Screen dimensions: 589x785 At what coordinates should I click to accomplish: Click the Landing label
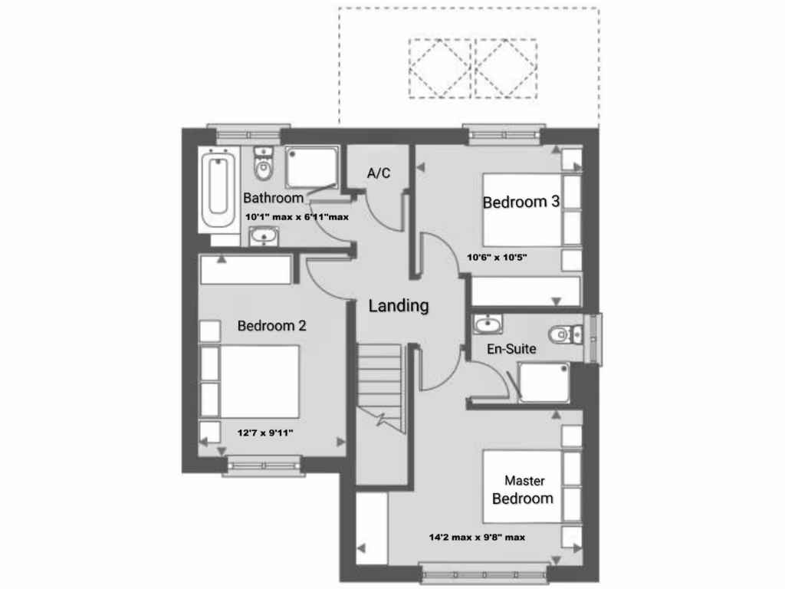[x=399, y=305]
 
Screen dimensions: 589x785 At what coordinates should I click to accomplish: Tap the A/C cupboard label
[x=379, y=173]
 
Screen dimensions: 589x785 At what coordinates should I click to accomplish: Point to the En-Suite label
[x=511, y=349]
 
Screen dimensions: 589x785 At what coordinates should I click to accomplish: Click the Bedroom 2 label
[x=271, y=325]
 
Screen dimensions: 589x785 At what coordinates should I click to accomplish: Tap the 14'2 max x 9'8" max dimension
[x=477, y=537]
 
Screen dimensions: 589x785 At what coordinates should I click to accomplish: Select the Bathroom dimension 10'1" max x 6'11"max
[x=297, y=217]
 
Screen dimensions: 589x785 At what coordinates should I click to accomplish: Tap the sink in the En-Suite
[x=485, y=327]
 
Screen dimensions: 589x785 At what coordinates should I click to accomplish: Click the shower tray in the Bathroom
[x=311, y=167]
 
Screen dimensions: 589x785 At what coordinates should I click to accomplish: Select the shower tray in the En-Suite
[x=544, y=381]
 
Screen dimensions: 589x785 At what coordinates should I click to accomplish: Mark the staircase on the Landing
[x=379, y=383]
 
